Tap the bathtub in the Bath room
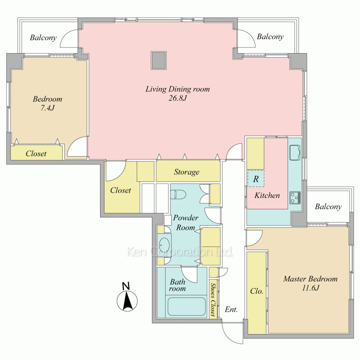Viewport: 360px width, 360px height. (186, 307)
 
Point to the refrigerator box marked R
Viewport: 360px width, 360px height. (256, 179)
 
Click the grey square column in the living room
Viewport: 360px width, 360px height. (159, 60)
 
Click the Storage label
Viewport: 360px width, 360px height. (186, 172)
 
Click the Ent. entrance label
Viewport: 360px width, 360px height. (231, 309)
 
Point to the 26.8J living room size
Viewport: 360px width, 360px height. (178, 98)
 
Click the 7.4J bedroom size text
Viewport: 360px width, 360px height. (48, 108)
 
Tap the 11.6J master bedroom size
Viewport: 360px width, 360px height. (310, 288)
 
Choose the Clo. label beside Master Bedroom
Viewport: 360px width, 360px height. (257, 291)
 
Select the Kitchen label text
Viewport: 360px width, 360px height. (267, 195)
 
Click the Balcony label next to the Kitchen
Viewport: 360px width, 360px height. (328, 207)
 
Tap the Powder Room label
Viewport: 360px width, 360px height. (186, 222)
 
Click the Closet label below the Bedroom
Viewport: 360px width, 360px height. (36, 153)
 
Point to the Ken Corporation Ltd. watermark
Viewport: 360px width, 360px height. (180, 252)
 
